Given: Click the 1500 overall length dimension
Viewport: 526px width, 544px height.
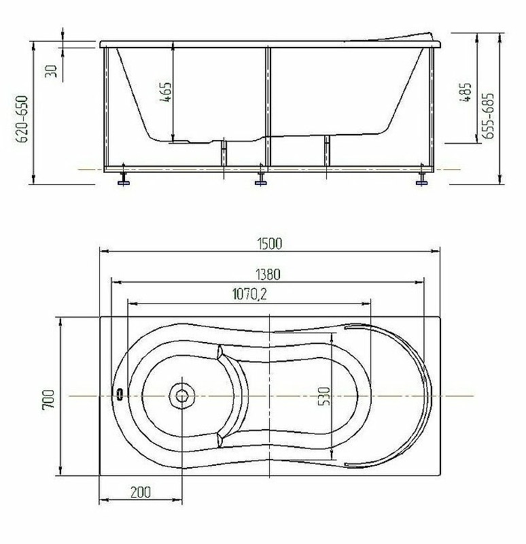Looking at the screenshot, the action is (x=270, y=243).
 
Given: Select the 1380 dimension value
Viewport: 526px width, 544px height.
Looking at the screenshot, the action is (x=268, y=275).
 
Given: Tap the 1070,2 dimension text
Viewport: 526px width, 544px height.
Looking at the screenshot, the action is (x=249, y=294).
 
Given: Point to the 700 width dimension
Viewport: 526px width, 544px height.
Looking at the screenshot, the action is (x=48, y=399).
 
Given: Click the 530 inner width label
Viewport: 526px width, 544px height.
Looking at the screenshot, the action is (x=324, y=396).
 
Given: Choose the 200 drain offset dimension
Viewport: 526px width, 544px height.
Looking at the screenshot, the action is (x=141, y=492).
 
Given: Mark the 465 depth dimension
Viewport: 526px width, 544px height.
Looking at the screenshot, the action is (x=166, y=92).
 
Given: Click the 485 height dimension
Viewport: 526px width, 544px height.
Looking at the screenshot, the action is (x=466, y=92).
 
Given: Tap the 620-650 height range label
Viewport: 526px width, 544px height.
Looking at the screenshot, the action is (x=22, y=119).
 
